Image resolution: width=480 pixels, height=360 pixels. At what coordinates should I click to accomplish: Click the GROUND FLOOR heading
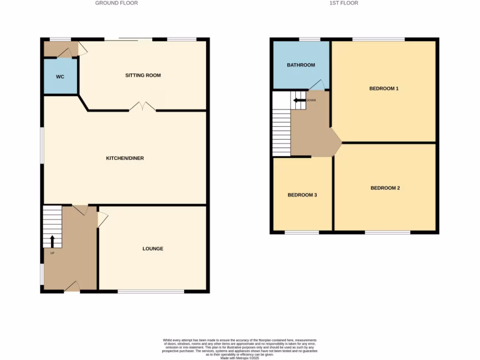pyautogui.click(x=116, y=3)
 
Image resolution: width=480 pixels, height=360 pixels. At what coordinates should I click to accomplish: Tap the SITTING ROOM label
pyautogui.click(x=143, y=75)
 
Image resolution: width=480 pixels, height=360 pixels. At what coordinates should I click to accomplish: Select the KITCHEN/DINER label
pyautogui.click(x=125, y=158)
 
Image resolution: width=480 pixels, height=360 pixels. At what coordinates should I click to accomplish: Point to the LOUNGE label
pyautogui.click(x=153, y=248)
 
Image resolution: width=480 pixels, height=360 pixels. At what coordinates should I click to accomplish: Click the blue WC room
pyautogui.click(x=60, y=76)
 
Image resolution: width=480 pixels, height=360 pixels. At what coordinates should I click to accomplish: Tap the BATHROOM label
pyautogui.click(x=301, y=65)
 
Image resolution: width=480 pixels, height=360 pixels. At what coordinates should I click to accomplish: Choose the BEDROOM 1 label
pyautogui.click(x=384, y=88)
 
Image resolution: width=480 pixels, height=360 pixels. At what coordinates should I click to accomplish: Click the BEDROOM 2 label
pyautogui.click(x=385, y=188)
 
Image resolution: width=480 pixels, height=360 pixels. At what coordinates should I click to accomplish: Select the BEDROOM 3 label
pyautogui.click(x=302, y=195)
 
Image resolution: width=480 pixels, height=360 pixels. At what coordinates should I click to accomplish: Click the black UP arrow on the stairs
pyautogui.click(x=52, y=241)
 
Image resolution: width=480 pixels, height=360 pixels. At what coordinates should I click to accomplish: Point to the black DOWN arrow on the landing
pyautogui.click(x=299, y=100)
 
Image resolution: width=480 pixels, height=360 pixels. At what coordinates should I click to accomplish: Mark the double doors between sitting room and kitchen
pyautogui.click(x=142, y=107)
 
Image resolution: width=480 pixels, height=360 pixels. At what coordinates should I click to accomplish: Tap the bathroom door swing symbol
pyautogui.click(x=317, y=85)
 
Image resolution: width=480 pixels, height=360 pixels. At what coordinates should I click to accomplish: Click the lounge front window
pyautogui.click(x=151, y=292)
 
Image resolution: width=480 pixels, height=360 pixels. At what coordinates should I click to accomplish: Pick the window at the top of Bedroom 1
pyautogui.click(x=378, y=39)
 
